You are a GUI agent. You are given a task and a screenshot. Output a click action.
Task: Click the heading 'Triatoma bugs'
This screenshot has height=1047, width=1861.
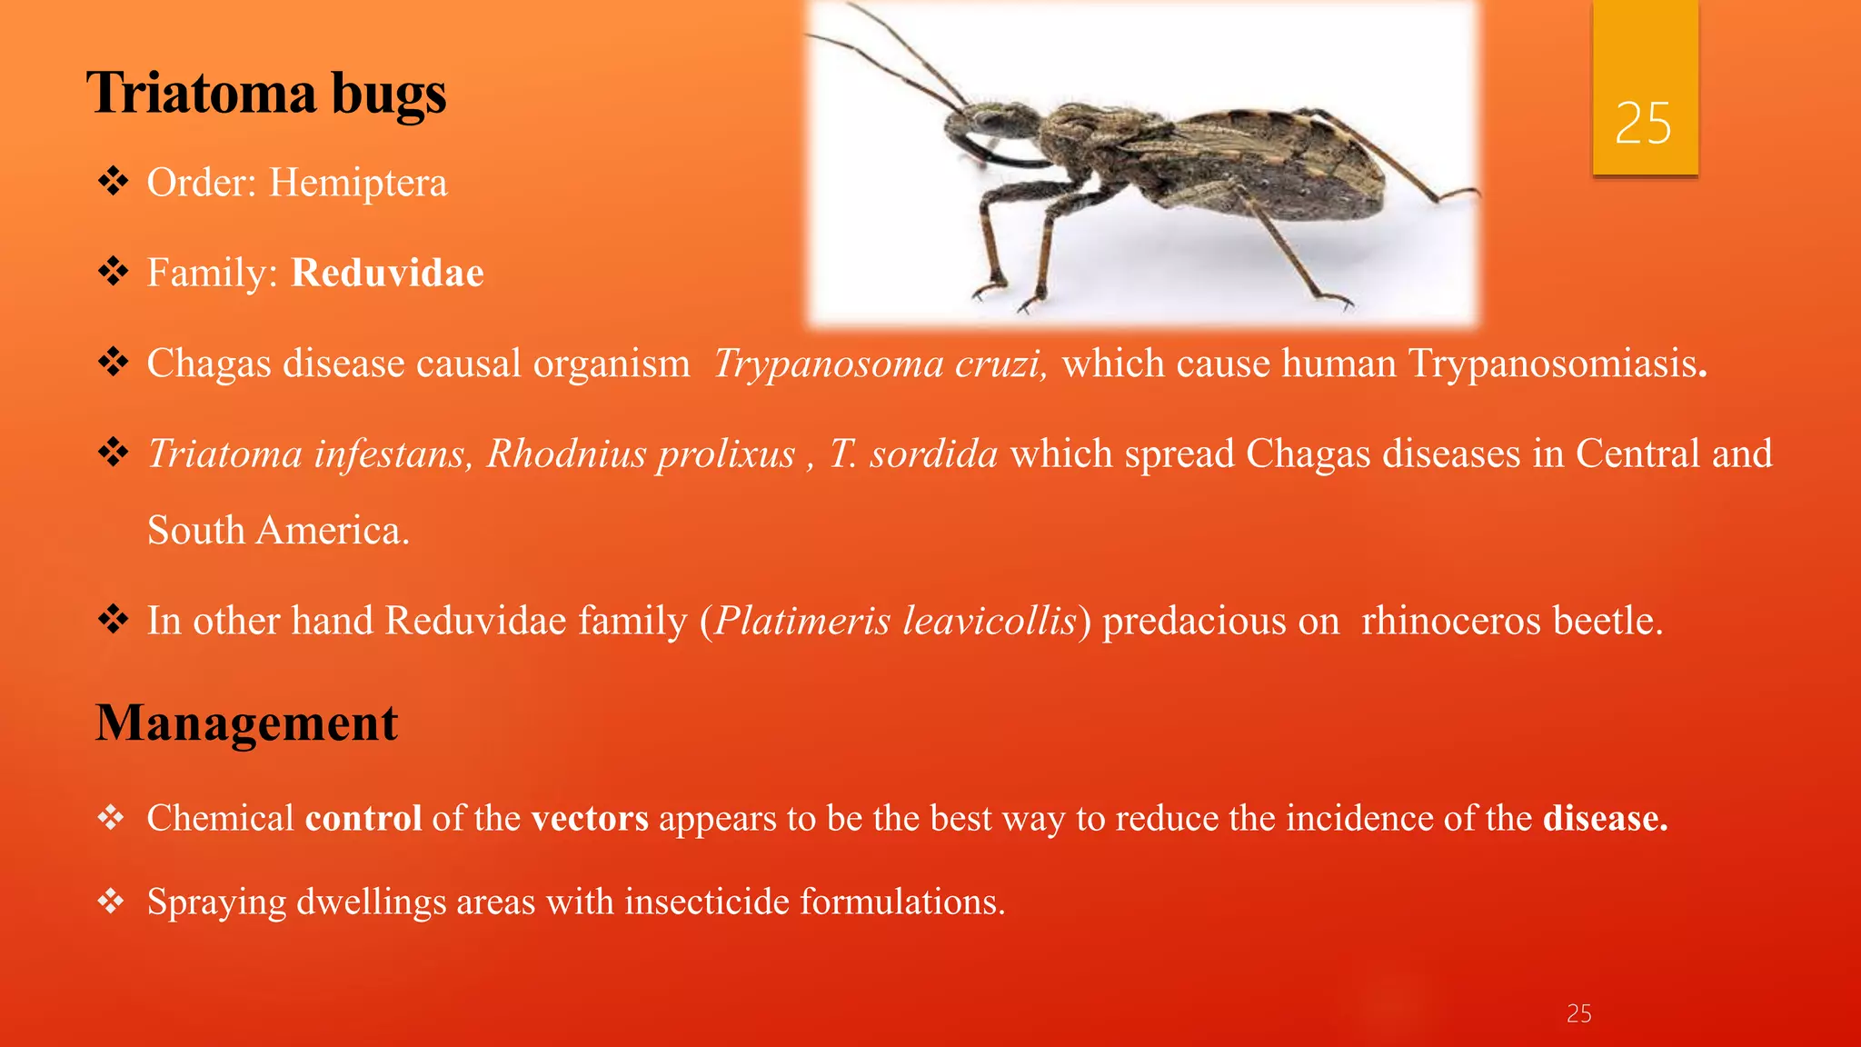(x=266, y=94)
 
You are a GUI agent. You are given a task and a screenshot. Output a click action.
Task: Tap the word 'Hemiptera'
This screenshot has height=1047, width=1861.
(x=358, y=183)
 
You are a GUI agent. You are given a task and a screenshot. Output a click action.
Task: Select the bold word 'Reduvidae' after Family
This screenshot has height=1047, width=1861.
(x=387, y=273)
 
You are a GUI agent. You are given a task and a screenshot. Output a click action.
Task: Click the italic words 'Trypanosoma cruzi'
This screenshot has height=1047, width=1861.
(x=879, y=364)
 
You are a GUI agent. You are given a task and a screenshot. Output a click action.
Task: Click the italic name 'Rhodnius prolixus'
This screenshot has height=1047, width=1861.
(x=641, y=454)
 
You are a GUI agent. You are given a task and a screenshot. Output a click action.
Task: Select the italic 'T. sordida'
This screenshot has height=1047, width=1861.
(x=912, y=454)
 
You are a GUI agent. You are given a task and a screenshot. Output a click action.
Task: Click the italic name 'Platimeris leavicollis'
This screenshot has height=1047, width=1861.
(x=895, y=621)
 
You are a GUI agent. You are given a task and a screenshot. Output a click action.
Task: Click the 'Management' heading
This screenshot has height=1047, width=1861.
(x=247, y=723)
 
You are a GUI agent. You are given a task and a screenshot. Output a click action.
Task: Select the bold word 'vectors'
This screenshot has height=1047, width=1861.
(x=590, y=818)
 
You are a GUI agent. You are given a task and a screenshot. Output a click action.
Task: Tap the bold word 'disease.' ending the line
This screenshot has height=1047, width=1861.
(x=1605, y=818)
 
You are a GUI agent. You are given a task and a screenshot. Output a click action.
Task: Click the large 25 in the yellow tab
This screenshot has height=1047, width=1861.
(x=1643, y=124)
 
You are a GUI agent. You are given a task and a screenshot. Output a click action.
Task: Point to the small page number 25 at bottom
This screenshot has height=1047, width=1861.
(x=1578, y=1013)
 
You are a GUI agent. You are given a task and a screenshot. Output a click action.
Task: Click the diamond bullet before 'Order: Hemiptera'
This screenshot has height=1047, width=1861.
(x=114, y=181)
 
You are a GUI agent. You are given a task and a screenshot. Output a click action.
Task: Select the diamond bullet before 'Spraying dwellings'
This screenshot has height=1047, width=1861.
(x=111, y=901)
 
